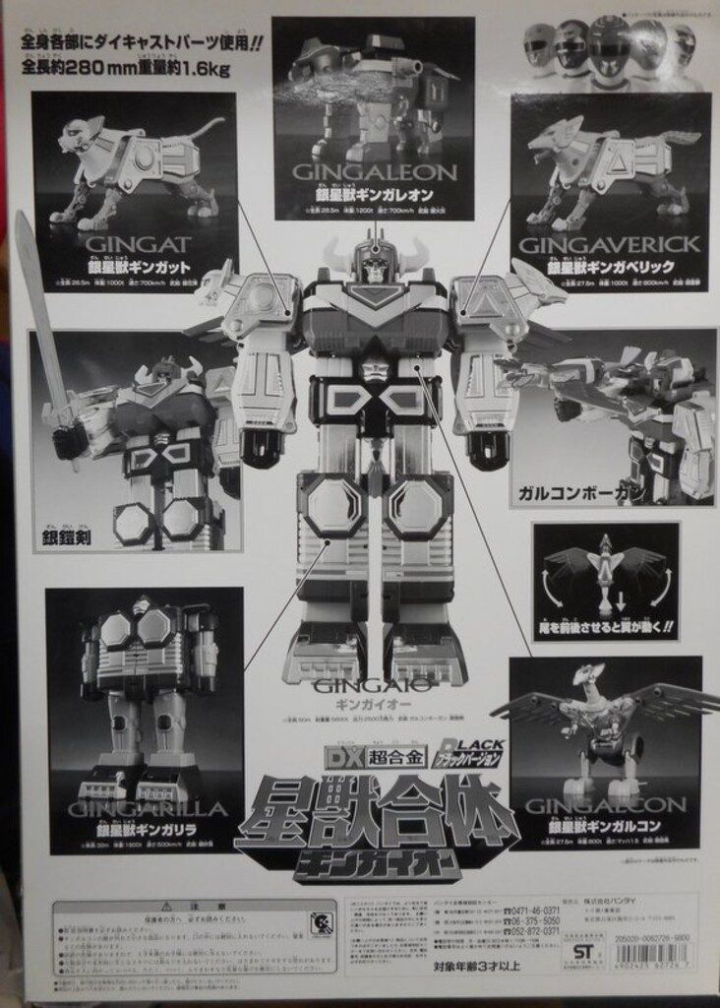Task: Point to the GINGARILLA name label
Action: (x=128, y=809)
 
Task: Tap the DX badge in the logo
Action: (x=336, y=761)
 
